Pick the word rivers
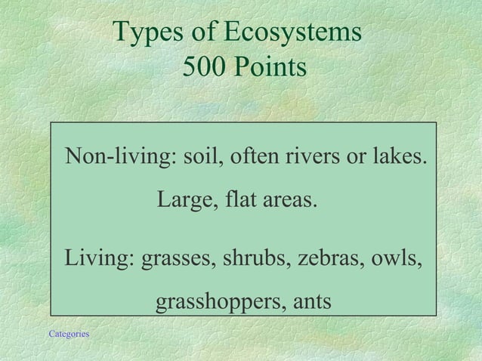click(312, 159)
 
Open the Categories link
click(69, 333)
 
